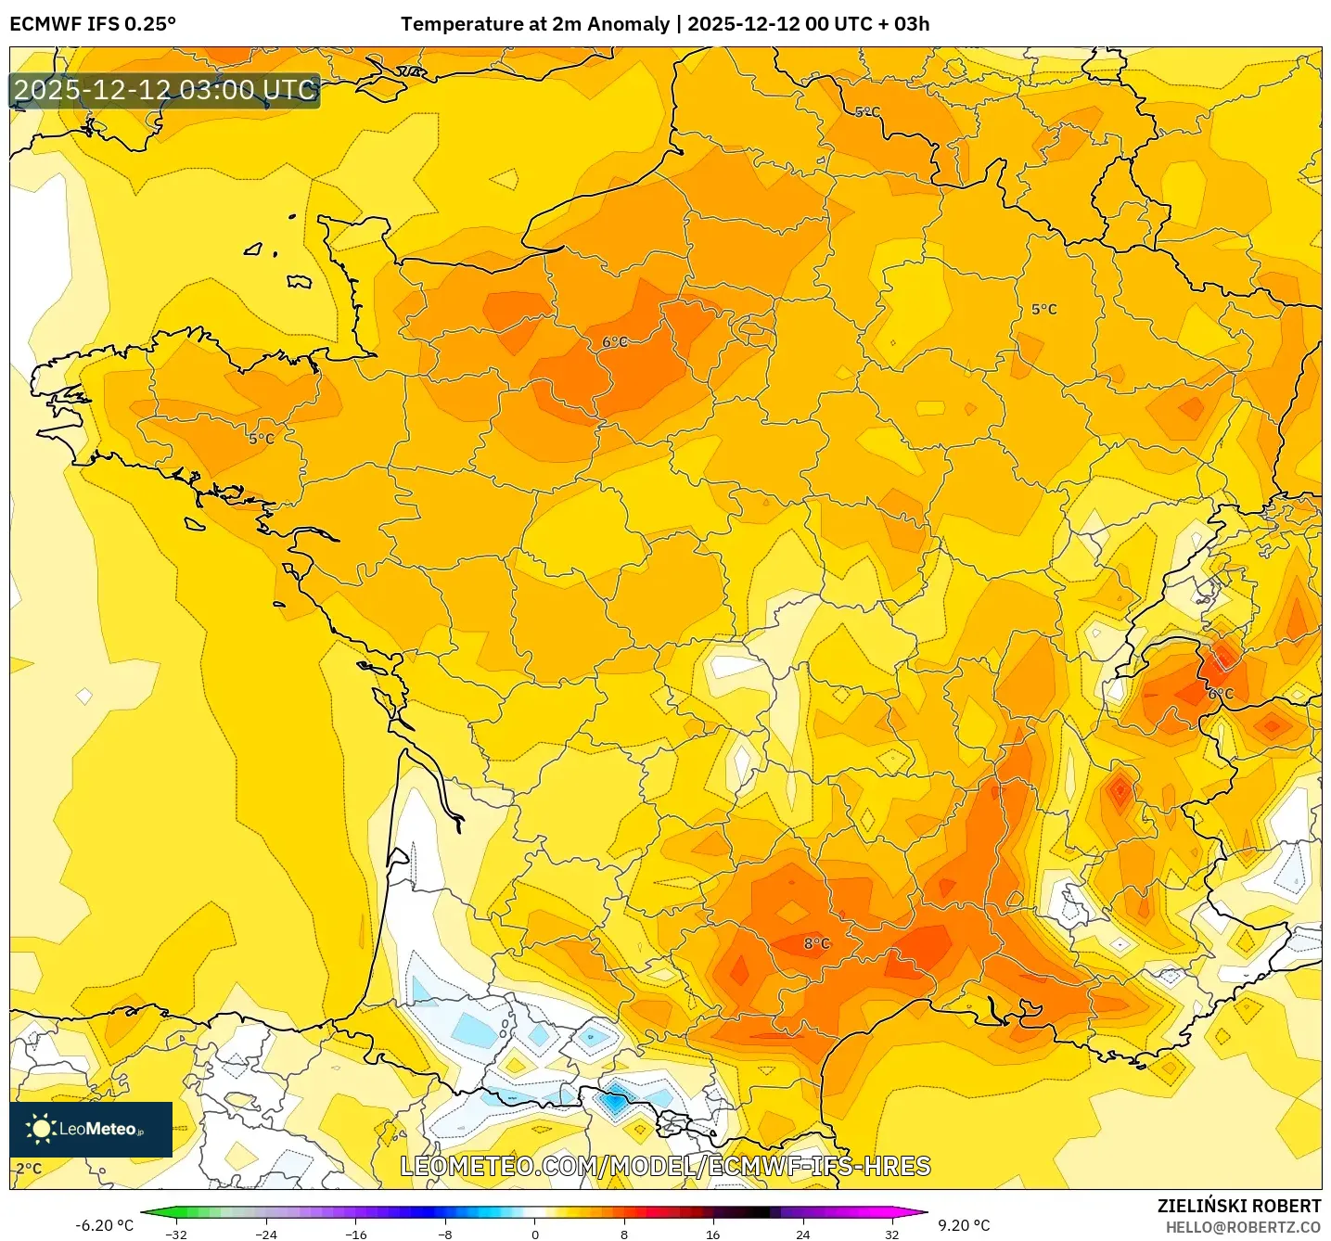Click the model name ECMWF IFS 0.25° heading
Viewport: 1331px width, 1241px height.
click(93, 24)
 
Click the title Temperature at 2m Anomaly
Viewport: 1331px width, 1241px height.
click(535, 24)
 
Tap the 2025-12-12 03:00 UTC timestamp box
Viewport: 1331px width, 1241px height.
click(165, 90)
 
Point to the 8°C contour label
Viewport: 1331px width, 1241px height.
click(816, 943)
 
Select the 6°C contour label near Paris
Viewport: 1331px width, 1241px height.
click(615, 342)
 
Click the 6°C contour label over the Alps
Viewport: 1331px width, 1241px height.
click(1221, 694)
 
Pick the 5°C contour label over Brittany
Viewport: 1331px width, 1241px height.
click(262, 439)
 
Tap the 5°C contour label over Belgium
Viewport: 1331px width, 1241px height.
click(867, 112)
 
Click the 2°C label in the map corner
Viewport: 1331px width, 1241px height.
click(29, 1169)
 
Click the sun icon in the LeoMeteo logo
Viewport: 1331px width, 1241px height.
click(41, 1129)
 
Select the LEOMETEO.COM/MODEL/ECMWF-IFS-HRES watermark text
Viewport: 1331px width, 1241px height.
click(665, 1167)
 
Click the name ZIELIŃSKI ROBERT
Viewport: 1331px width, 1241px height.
click(1239, 1206)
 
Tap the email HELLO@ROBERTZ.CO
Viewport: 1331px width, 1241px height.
click(1243, 1227)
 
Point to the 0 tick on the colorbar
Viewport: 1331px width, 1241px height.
click(534, 1234)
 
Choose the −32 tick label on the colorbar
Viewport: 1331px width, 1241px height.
click(175, 1234)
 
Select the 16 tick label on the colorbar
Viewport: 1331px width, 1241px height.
click(712, 1234)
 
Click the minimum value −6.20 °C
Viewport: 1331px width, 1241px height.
click(104, 1225)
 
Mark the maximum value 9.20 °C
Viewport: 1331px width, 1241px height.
click(964, 1225)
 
